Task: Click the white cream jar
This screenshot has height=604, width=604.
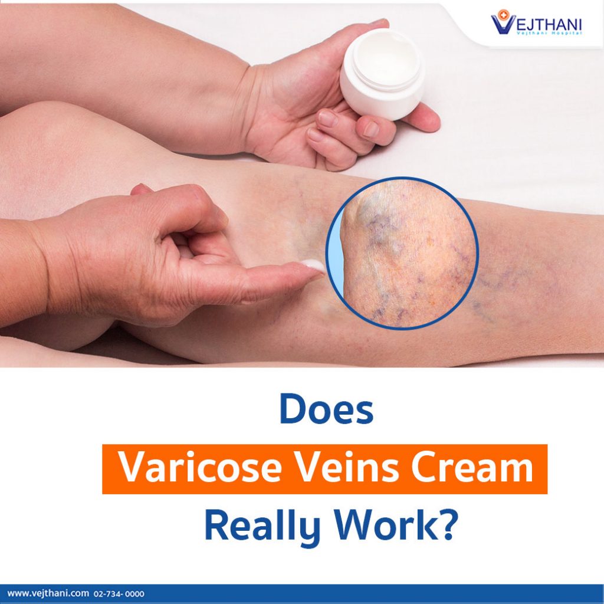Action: coord(382,74)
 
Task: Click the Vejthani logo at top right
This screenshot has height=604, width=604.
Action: coord(536,22)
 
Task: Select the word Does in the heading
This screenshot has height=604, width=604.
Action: coord(326,409)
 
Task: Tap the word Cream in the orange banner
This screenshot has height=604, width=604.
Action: coord(472,468)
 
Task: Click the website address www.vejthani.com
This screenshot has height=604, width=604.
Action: coord(48,593)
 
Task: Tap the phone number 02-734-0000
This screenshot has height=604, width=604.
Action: coord(119,593)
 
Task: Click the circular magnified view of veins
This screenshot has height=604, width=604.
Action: coord(402,253)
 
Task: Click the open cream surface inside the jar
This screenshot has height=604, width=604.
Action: coord(386,58)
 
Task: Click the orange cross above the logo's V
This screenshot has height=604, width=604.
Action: coord(502,14)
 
